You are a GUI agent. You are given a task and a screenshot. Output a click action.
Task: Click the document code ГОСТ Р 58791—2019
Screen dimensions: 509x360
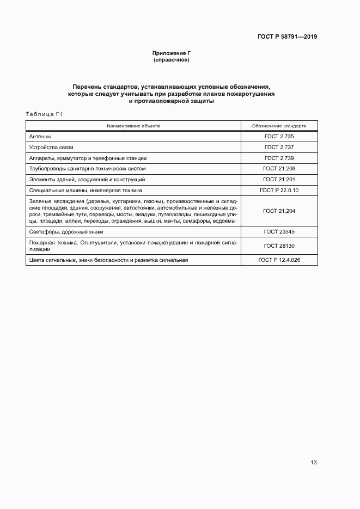point(287,37)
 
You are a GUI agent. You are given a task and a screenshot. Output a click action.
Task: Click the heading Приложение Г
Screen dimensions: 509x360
point(172,53)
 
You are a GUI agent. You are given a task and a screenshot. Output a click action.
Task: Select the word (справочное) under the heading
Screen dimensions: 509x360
point(172,60)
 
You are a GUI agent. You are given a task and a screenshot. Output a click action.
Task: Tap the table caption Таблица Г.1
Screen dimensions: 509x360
point(45,114)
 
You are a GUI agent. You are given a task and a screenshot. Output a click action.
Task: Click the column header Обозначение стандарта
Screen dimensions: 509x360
point(279,125)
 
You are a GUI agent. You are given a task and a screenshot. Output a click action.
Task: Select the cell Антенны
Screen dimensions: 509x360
point(40,137)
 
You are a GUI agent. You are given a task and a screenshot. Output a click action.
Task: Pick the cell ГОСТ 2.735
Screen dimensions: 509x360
point(279,137)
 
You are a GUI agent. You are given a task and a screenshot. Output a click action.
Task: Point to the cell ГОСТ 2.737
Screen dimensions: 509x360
point(279,148)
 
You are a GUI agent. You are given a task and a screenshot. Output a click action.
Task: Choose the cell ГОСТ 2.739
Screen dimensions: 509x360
point(279,158)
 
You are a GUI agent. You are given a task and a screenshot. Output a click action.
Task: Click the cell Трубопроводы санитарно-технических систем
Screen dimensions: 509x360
point(87,169)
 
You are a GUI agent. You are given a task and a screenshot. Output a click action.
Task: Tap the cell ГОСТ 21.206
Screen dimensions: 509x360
point(279,169)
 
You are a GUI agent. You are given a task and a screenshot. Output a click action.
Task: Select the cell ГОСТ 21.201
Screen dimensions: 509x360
point(279,179)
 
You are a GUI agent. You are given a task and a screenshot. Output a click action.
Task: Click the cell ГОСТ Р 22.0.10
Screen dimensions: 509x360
point(279,190)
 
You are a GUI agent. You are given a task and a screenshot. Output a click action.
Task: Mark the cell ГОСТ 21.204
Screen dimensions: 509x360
point(279,211)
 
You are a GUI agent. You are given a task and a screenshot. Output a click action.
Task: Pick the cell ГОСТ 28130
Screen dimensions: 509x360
point(279,246)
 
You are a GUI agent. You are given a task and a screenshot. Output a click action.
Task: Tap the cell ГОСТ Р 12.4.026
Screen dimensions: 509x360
point(279,260)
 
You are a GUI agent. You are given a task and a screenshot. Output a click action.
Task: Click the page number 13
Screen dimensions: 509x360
point(313,463)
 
